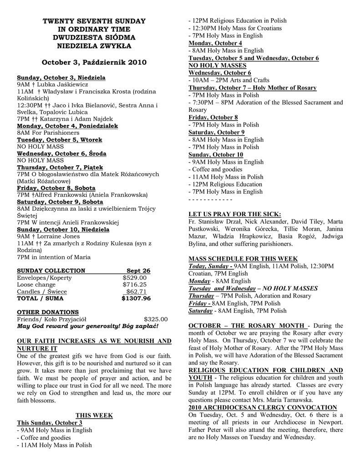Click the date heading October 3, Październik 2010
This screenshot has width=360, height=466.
[94, 62]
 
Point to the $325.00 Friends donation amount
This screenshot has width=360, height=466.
[156, 319]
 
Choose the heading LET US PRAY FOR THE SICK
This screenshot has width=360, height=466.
[235, 214]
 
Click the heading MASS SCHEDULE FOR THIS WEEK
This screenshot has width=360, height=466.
[243, 258]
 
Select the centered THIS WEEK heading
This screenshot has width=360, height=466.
[94, 415]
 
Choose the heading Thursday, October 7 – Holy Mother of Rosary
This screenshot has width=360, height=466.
[253, 88]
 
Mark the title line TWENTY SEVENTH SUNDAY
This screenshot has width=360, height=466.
[94, 21]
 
